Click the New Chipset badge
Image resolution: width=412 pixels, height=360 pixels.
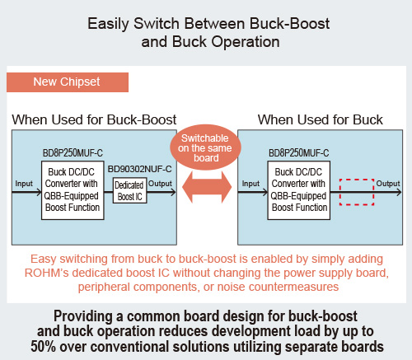(x=68, y=82)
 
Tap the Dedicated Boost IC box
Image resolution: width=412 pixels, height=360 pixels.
(x=129, y=190)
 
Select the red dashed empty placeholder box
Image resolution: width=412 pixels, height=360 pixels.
(x=357, y=192)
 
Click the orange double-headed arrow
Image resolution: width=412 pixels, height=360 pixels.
(x=207, y=187)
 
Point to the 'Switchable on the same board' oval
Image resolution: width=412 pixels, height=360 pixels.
(x=205, y=147)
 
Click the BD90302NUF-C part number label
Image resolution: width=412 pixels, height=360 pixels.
(x=139, y=169)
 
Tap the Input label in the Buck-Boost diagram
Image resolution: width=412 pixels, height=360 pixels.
(x=24, y=184)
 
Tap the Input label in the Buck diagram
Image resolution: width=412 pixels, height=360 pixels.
(x=250, y=184)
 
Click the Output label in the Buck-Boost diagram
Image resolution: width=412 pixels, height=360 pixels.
(x=160, y=184)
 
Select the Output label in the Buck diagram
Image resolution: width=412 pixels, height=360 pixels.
(x=388, y=184)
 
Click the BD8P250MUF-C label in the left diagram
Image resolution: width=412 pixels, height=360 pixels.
(x=73, y=153)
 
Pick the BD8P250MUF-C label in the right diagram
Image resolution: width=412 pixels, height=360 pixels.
(x=299, y=153)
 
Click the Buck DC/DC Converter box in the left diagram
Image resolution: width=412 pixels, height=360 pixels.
(x=73, y=190)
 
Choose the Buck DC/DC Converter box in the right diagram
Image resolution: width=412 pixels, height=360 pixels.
(x=299, y=190)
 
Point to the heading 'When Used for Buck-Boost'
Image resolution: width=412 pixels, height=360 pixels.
(x=94, y=120)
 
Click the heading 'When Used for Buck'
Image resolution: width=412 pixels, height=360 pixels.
(x=321, y=120)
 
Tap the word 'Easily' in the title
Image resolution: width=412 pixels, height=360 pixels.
(x=108, y=24)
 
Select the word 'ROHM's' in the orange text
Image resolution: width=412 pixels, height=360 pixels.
(x=46, y=273)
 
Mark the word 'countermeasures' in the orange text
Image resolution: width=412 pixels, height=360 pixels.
(x=293, y=287)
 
